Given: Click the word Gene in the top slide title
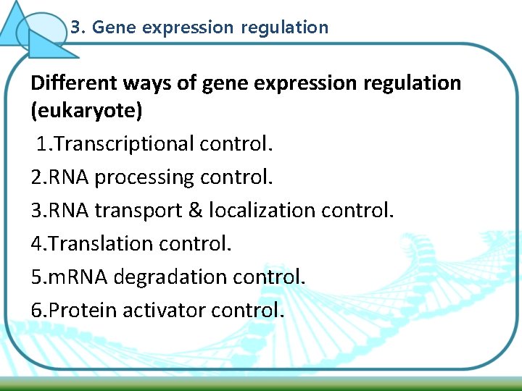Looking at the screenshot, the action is click(115, 28).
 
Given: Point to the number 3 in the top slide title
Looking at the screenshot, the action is click(76, 28).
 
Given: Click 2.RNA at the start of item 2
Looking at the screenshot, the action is click(60, 177).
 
